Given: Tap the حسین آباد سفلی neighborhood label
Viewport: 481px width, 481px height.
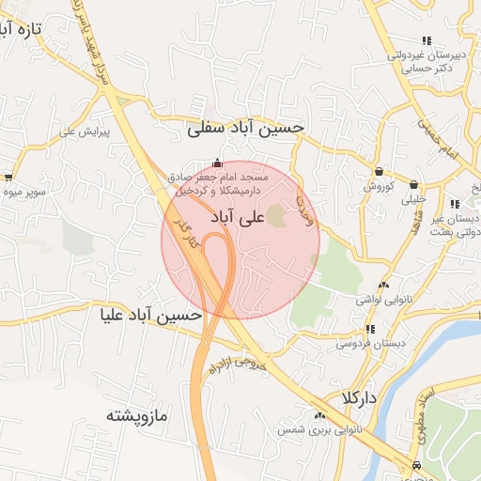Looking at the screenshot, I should click(245, 127).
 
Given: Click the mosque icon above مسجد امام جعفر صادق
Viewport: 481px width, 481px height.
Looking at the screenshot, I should click(219, 162).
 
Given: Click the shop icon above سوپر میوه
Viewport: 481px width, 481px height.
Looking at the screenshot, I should click(8, 177).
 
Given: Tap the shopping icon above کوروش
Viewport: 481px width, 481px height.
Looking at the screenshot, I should click(379, 172).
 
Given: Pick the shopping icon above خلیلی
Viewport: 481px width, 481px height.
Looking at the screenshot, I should click(413, 183).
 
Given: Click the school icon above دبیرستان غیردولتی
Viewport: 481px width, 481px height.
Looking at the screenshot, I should click(427, 40).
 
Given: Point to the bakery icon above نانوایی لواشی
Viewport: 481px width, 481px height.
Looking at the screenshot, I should click(382, 286).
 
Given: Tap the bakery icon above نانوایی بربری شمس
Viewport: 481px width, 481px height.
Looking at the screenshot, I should click(319, 415).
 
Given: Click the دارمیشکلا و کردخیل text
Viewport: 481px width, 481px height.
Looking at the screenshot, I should click(217, 190).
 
